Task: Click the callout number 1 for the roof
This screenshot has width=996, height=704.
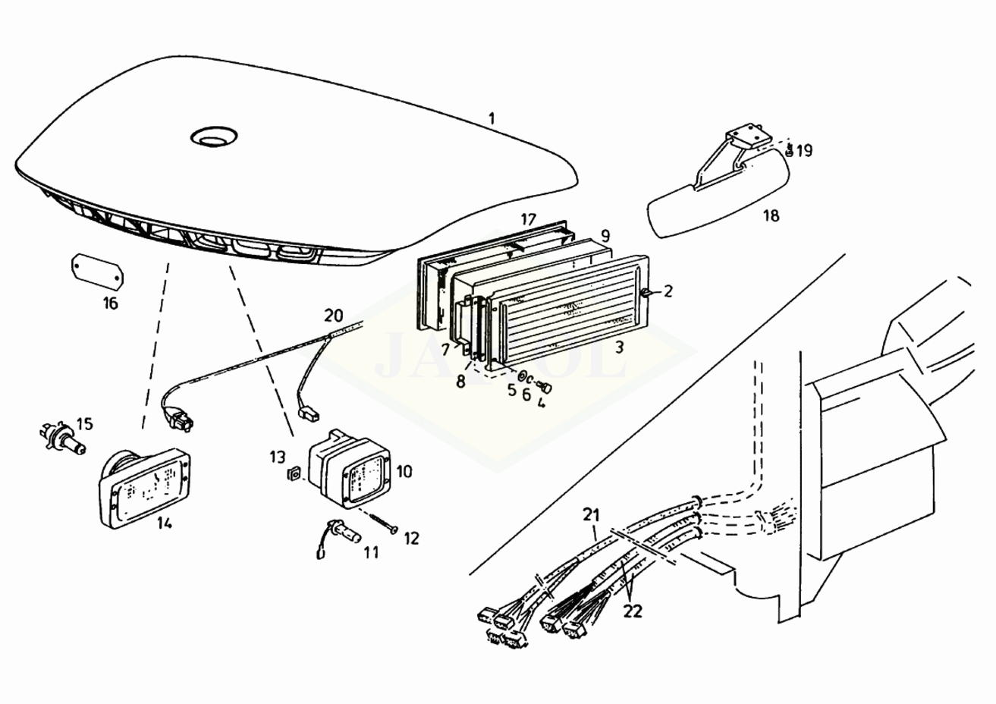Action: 492,118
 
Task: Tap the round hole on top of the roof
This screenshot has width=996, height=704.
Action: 214,137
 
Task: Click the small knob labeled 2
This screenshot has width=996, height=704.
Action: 646,293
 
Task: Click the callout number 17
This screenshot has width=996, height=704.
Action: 529,220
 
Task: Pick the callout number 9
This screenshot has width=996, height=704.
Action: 605,234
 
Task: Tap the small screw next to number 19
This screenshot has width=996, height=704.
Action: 789,151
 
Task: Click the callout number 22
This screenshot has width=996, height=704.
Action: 633,610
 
